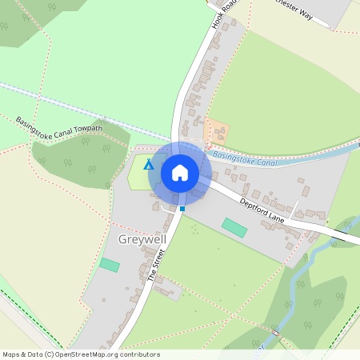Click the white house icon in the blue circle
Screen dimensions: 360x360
180,172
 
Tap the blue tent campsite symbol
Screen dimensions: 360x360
148,166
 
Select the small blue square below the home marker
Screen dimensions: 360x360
182,209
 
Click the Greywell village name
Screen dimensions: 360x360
141,239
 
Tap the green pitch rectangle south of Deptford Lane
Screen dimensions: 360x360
235,227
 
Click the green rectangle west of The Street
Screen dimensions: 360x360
109,265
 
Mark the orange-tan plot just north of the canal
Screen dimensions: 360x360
217,131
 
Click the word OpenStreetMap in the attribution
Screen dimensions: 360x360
79,354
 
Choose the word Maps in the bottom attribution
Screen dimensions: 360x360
12,354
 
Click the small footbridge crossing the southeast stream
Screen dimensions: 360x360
274,330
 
